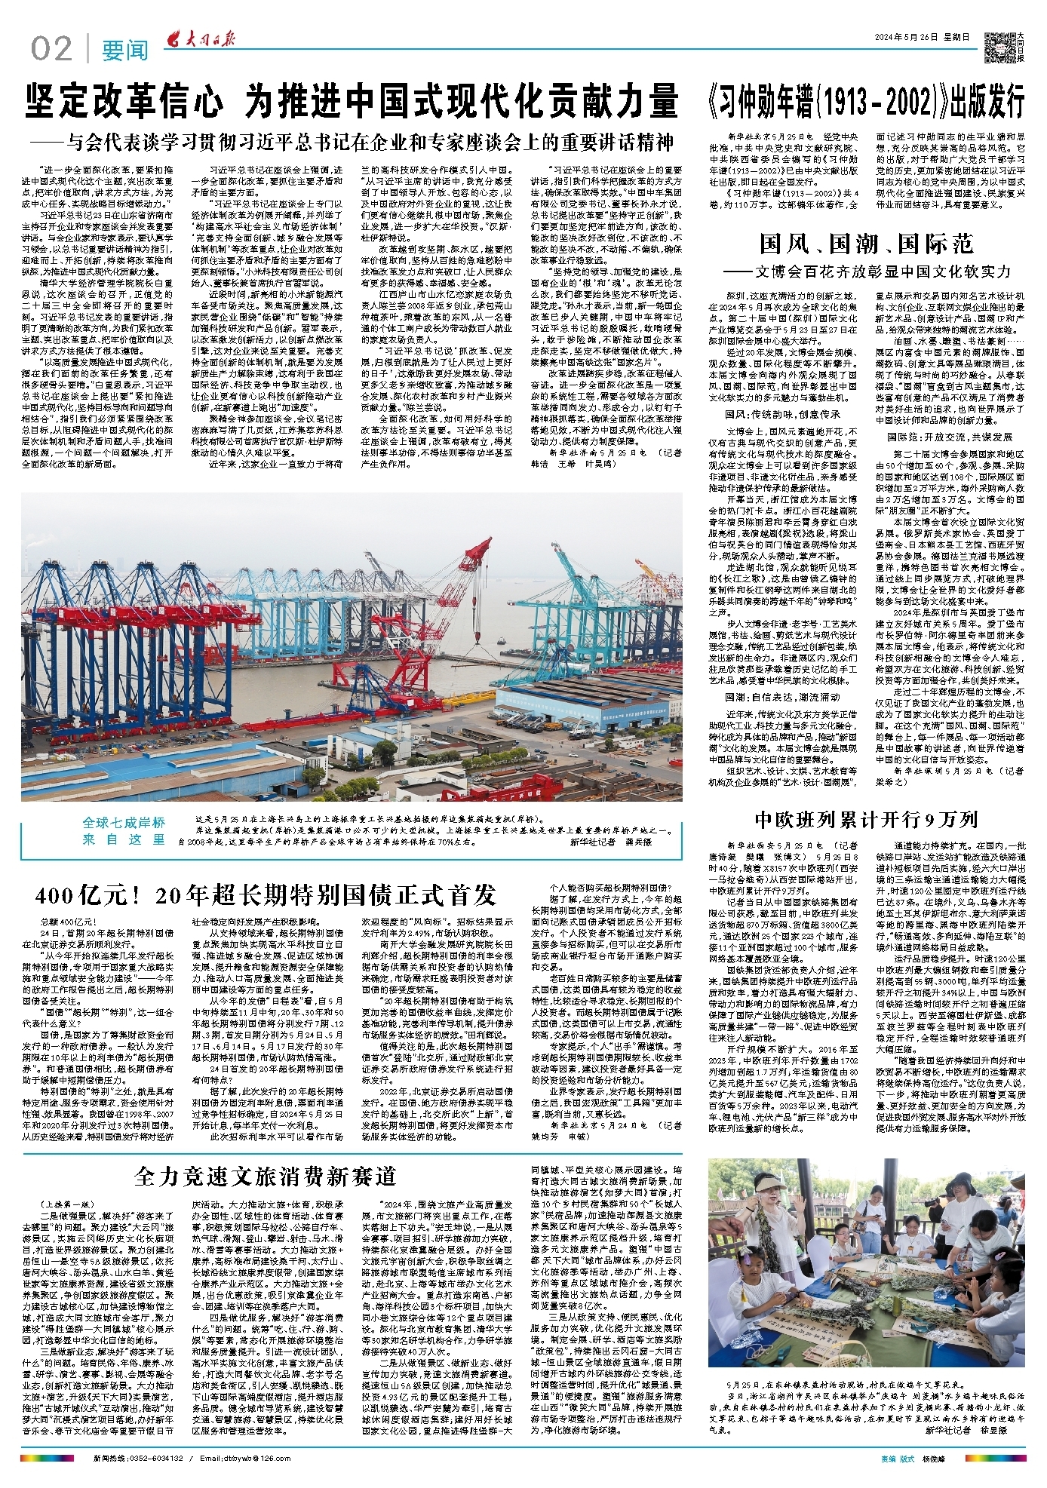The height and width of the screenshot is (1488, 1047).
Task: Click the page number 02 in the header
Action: (51, 49)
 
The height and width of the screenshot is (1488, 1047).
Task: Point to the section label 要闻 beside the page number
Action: (125, 51)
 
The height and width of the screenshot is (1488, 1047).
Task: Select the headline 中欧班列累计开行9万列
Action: (866, 820)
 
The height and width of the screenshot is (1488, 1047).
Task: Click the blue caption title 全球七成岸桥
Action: (124, 823)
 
